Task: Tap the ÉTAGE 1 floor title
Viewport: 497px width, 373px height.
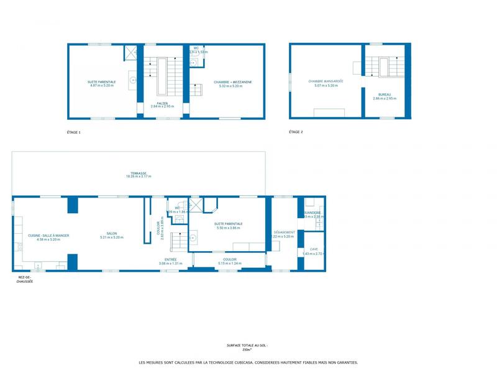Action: coord(74,132)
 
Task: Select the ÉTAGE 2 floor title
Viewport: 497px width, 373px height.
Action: coord(296,132)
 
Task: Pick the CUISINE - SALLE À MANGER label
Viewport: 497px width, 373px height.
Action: coord(48,235)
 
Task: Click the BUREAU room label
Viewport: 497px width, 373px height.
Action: coord(385,95)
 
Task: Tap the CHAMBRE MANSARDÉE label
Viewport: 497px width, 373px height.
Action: coord(326,81)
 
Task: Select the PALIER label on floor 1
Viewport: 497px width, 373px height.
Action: coord(162,103)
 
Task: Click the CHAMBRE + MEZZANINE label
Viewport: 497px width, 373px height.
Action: coord(233,82)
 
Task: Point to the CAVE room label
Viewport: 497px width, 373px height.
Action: coord(314,249)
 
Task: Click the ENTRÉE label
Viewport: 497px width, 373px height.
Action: coord(170,259)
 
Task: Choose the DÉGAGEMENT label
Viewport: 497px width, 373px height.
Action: coord(283,233)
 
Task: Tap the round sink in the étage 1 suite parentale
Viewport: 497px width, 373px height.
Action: coord(133,79)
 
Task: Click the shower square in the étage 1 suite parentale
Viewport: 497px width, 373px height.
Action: coord(130,52)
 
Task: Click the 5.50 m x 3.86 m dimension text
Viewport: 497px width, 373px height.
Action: coord(229,228)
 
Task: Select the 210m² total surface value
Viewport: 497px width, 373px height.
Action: coord(248,350)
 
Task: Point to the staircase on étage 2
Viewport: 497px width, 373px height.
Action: coord(380,66)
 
